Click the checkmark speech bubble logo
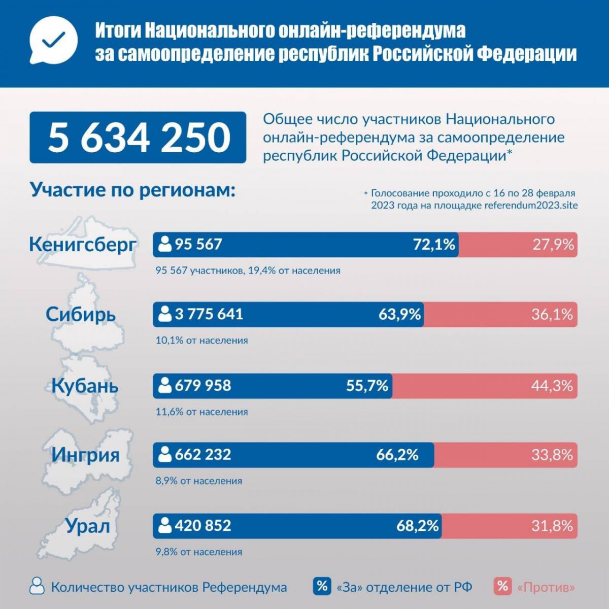[x=53, y=43]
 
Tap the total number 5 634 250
[x=138, y=138]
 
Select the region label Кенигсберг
[x=83, y=244]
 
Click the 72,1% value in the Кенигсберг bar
[x=434, y=245]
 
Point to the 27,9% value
[x=553, y=245]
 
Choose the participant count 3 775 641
[x=209, y=314]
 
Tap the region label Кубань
[x=85, y=386]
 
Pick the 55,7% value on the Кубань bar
[x=367, y=386]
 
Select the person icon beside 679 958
[x=164, y=386]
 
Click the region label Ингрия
[x=85, y=454]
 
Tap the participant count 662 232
[x=202, y=454]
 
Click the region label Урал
[x=87, y=526]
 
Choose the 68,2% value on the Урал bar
[x=418, y=526]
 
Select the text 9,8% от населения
[x=199, y=552]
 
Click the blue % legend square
[x=322, y=587]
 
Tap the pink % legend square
[x=502, y=587]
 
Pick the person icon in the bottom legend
[x=37, y=586]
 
